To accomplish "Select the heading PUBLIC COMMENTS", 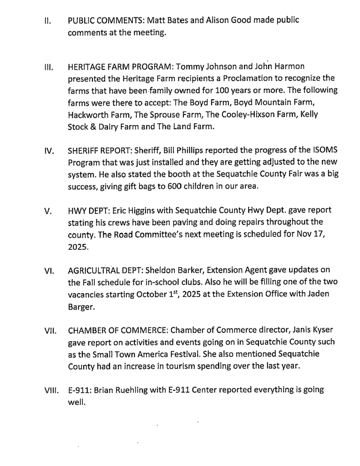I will click(x=102, y=21).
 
